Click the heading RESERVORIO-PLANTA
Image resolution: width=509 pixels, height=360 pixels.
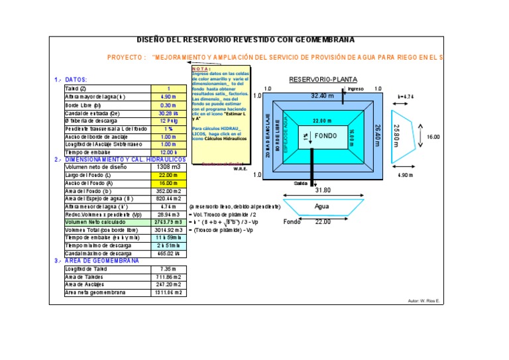point(323,80)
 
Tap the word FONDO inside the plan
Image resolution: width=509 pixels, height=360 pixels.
point(325,136)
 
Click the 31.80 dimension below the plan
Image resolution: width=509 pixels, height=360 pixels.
point(323,190)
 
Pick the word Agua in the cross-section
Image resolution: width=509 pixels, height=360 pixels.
point(322,206)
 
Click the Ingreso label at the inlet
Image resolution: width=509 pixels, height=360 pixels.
point(356,89)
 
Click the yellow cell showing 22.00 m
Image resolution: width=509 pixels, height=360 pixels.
point(168,175)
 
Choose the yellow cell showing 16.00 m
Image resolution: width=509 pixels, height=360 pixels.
point(168,183)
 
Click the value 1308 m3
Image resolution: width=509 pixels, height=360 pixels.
point(168,167)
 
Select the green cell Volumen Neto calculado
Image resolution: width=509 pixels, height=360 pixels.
point(106,223)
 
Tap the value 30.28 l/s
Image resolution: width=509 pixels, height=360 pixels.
point(168,113)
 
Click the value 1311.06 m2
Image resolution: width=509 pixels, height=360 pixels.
point(168,292)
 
